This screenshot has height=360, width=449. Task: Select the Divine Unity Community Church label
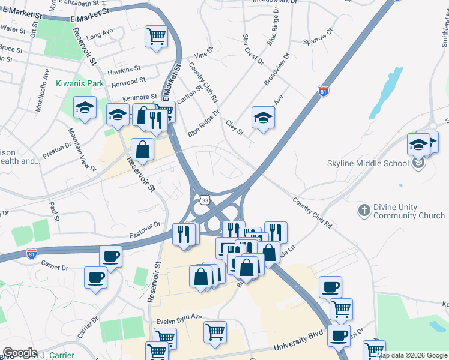click(x=394, y=211)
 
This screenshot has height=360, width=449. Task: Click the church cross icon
click(x=364, y=211)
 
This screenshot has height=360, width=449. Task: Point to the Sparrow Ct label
click(x=318, y=37)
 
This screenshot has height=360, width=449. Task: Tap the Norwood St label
click(x=128, y=81)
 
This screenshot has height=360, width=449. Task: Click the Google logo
click(x=20, y=353)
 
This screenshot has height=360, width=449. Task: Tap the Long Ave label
click(x=100, y=36)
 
